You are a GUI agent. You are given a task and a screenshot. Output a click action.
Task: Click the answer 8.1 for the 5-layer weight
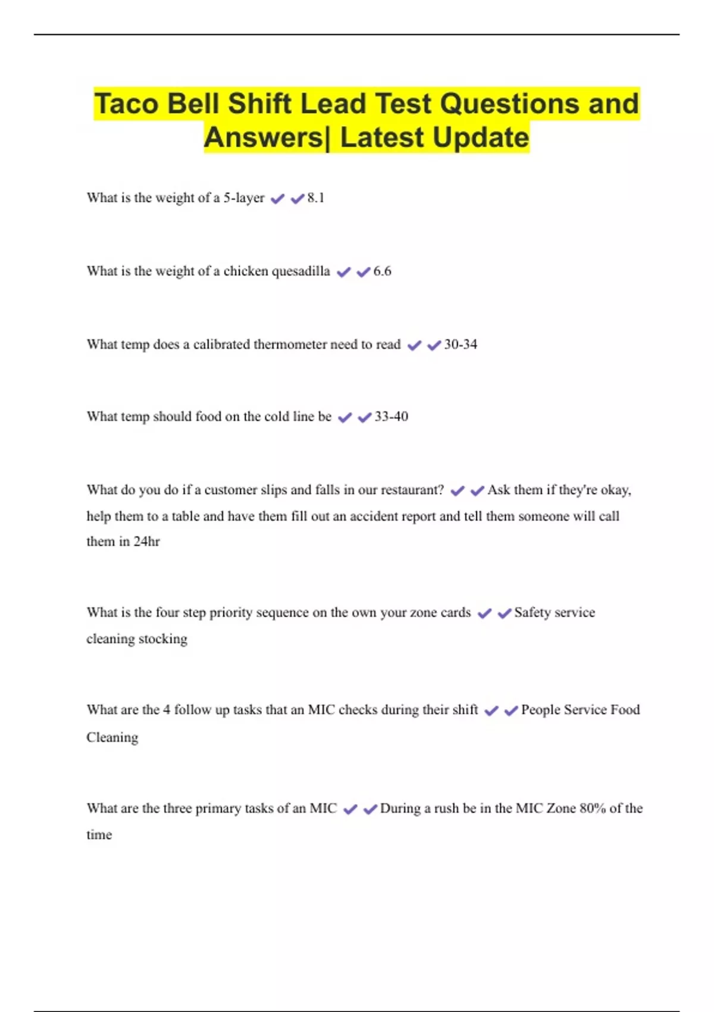click(316, 198)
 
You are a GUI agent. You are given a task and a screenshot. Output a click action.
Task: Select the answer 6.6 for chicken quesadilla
click(382, 271)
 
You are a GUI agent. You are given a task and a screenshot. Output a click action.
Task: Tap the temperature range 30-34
click(461, 345)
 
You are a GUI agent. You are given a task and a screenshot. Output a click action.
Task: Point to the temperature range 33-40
click(391, 417)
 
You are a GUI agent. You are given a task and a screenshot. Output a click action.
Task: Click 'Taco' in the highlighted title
click(127, 104)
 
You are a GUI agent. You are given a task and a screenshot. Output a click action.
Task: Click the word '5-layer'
click(244, 198)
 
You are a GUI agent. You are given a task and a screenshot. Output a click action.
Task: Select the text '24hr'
click(146, 542)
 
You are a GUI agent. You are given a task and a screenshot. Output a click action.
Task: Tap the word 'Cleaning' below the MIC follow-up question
click(112, 738)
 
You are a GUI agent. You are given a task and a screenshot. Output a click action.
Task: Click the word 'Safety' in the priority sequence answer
click(532, 613)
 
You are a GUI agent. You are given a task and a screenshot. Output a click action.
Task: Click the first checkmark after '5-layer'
click(277, 199)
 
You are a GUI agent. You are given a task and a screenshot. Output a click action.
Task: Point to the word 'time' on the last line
click(99, 835)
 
